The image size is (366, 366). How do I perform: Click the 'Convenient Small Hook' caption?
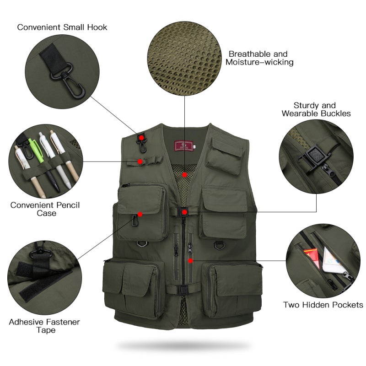pos(62,27)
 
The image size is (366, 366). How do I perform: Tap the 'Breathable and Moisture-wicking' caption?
pos(259,58)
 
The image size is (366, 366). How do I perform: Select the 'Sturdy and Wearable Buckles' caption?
pos(316,109)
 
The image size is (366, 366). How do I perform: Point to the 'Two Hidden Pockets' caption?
pos(323,305)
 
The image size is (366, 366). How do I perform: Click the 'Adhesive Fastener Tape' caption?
pos(44,326)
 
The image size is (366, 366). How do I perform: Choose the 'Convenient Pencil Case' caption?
pos(45,209)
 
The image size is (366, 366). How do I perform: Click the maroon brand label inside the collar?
pos(184,146)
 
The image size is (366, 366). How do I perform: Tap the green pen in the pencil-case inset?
pos(37,150)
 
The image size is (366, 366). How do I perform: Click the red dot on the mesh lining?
pos(185,175)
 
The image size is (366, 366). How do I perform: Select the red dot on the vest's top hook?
pos(141,138)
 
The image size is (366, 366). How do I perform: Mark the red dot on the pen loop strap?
pos(140,161)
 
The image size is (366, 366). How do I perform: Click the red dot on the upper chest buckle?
pos(184,212)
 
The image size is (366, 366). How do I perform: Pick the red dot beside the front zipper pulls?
pos(191,261)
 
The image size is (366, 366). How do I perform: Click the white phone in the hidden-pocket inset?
pos(333,261)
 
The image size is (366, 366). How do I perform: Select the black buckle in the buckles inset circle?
pos(311,158)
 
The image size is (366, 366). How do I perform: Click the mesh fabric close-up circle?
pos(184,59)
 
